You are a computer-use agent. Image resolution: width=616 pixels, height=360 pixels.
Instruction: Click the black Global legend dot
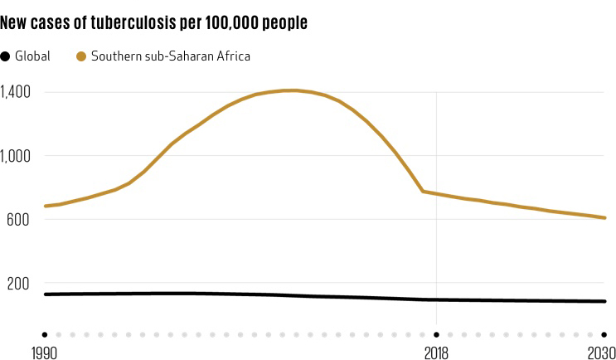pos(6,56)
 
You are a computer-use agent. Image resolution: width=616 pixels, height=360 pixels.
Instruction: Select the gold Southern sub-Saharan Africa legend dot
pos(81,56)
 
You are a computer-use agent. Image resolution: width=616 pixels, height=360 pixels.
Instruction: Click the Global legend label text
pos(33,56)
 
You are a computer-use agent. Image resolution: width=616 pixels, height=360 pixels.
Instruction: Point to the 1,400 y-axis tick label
pos(16,91)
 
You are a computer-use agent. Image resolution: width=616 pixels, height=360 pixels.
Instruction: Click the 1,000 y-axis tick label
pos(16,155)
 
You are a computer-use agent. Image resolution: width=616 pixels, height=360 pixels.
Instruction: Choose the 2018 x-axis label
pos(436,351)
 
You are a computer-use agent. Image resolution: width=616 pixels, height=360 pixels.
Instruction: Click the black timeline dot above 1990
pos(45,334)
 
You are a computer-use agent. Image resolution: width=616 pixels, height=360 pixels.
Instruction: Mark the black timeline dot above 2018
pos(437,334)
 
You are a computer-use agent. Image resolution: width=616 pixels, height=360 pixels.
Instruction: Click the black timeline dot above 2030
pos(605,334)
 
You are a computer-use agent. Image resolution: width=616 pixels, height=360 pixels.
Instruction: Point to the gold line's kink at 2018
pos(423,192)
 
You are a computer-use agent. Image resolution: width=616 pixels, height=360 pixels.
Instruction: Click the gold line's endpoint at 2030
pos(605,217)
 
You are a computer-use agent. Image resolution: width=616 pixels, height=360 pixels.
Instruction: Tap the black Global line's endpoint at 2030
pos(605,301)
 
